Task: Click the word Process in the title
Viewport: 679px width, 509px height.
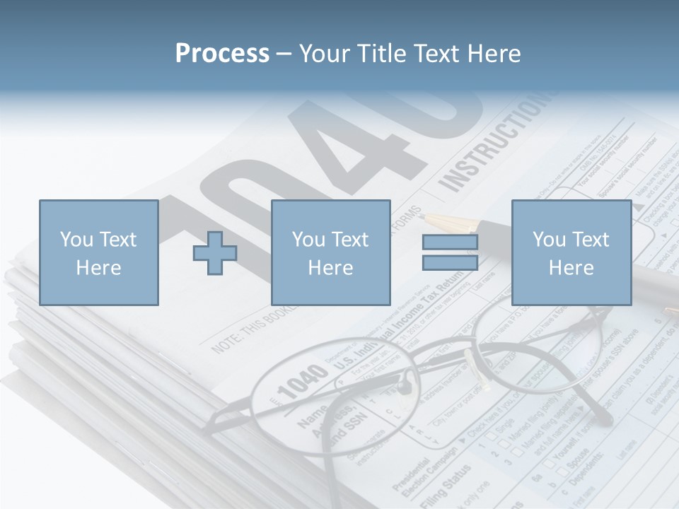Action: click(x=222, y=54)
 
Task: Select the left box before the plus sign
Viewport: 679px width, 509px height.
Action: click(x=98, y=252)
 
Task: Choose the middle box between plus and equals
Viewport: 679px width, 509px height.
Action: click(x=330, y=252)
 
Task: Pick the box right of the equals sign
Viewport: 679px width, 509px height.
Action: click(x=571, y=252)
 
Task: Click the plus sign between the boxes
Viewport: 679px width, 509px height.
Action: click(x=215, y=252)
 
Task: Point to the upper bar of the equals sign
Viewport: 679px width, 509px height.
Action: click(x=450, y=242)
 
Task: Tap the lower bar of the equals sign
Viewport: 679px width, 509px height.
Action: click(x=450, y=262)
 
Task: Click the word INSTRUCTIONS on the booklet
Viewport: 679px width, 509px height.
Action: click(x=495, y=145)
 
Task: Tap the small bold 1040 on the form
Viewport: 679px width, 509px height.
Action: click(x=302, y=382)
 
